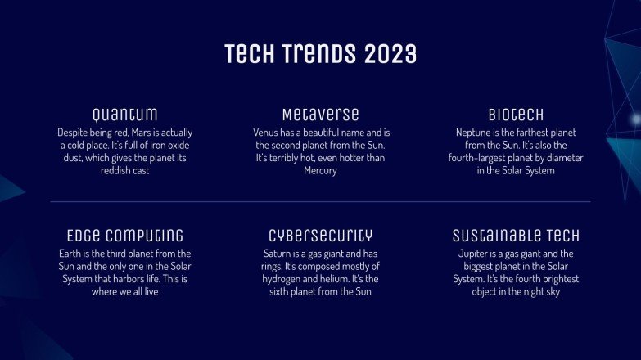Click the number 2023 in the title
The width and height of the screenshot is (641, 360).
pyautogui.click(x=390, y=54)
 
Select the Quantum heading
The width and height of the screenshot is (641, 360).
pyautogui.click(x=124, y=114)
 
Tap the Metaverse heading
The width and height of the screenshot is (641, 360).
pyautogui.click(x=320, y=114)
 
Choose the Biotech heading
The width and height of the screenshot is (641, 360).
pyautogui.click(x=516, y=114)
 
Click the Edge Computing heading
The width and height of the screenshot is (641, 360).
pyautogui.click(x=124, y=236)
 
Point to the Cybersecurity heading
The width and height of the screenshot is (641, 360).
pyautogui.click(x=320, y=236)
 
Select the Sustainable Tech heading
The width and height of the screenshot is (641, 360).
pyautogui.click(x=516, y=236)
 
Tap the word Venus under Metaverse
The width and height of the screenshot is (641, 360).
pyautogui.click(x=267, y=132)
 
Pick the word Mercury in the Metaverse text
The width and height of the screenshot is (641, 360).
pyautogui.click(x=320, y=171)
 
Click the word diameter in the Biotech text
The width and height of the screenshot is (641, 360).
pyautogui.click(x=566, y=158)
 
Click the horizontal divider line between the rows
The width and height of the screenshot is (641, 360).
pyautogui.click(x=320, y=201)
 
